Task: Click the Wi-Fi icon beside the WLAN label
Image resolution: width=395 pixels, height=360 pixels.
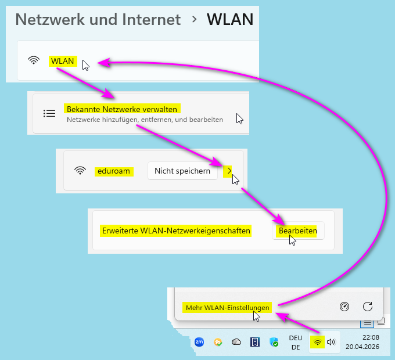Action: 34,60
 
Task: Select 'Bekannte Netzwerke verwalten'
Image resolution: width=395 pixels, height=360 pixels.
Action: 122,109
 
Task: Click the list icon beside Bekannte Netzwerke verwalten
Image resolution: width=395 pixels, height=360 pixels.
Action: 49,113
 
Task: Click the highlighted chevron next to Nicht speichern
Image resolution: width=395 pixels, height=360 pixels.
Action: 229,170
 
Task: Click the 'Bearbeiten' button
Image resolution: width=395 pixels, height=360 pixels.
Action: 298,231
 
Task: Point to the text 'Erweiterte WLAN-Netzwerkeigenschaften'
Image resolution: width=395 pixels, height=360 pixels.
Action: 175,231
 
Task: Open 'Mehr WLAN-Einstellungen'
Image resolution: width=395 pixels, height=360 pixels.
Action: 228,307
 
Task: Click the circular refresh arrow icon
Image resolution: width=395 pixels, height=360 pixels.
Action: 367,307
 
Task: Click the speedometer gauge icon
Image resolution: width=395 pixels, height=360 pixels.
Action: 344,307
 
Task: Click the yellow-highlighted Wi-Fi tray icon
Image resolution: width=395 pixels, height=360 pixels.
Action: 317,342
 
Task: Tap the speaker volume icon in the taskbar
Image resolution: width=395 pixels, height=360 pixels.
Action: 331,342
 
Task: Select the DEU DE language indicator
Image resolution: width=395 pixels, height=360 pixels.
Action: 296,342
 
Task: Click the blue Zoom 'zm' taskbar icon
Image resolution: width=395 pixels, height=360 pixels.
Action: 199,342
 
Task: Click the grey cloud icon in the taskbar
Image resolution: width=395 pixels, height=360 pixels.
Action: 236,342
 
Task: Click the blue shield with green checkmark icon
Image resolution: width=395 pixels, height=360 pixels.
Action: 274,343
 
